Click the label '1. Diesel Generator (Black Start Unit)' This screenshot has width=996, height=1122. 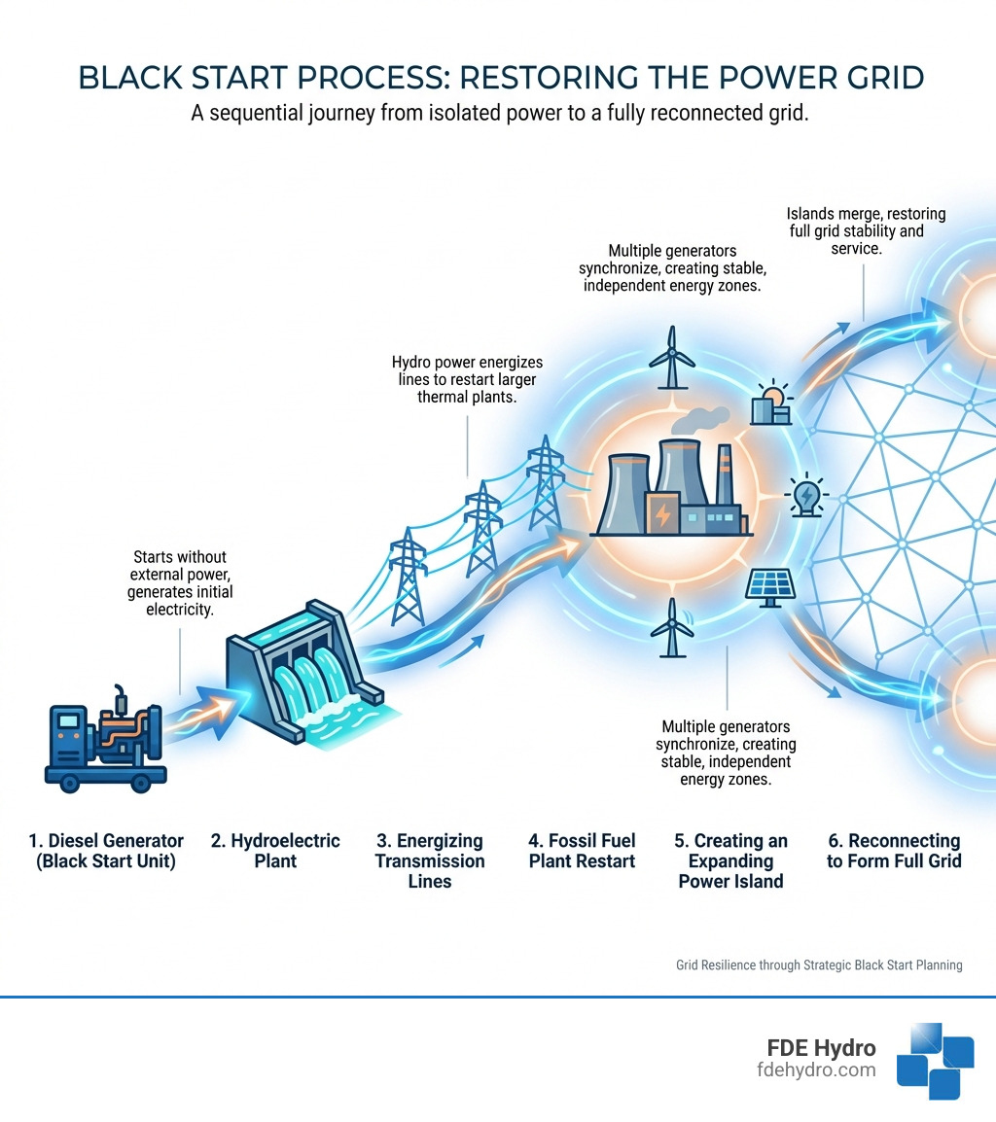pos(105,851)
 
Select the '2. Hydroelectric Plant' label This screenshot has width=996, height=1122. pos(275,851)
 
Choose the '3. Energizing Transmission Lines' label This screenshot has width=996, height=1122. pos(429,860)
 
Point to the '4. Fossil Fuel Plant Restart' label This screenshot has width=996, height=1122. pos(582,851)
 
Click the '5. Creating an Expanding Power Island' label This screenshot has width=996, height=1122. pos(730,860)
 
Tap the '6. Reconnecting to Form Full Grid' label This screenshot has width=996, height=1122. pos(893,851)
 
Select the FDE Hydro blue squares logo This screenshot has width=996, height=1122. pos(935,1061)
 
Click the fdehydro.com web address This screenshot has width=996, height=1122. pos(816,1070)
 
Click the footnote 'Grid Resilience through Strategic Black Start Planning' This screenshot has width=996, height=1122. pos(819,965)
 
